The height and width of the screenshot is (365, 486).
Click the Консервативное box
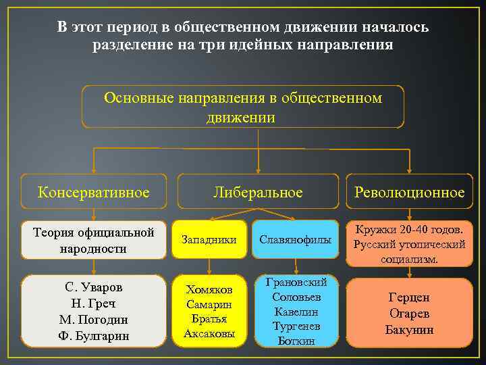(93, 192)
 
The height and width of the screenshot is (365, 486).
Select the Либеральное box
(258, 192)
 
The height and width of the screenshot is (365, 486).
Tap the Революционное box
(410, 192)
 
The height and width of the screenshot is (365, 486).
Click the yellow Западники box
(210, 239)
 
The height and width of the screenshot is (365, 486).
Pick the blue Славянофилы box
(296, 239)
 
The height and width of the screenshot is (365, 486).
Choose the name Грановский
(296, 282)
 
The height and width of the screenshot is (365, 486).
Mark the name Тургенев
(296, 326)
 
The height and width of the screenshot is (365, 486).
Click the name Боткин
(296, 341)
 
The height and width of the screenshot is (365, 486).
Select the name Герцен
(409, 297)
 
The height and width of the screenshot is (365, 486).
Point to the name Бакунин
(409, 330)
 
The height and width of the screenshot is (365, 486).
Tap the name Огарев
(409, 313)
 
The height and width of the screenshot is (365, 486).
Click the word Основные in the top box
(138, 98)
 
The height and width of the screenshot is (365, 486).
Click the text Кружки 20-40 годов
(410, 228)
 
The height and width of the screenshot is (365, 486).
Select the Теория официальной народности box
(93, 239)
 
